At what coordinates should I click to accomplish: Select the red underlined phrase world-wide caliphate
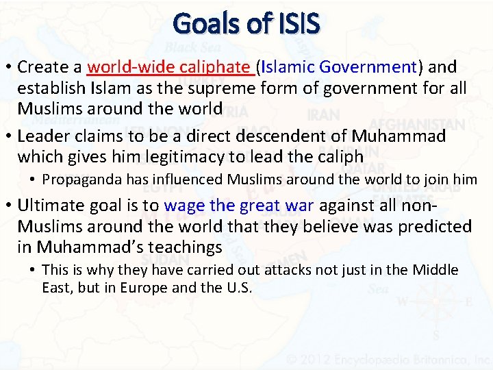169,67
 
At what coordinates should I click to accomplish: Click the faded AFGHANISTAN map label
418,124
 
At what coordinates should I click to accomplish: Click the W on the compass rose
402,301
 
